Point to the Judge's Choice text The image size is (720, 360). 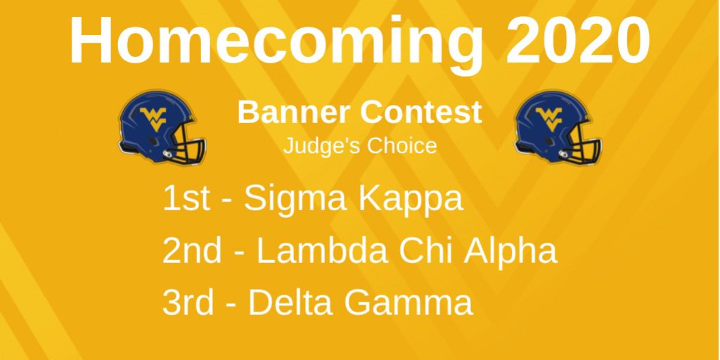click(359, 146)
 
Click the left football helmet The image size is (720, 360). click(161, 127)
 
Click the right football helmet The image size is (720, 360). click(558, 127)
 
